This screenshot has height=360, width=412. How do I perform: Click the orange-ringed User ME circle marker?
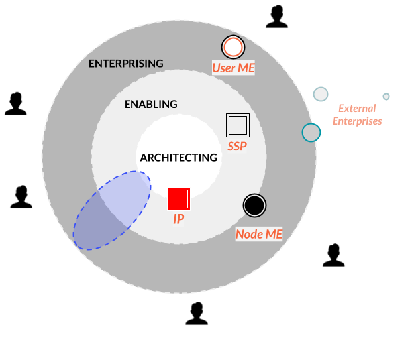pos(233,47)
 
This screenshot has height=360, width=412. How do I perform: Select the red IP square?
pos(179,199)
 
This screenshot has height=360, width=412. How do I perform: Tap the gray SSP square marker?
pos(237,125)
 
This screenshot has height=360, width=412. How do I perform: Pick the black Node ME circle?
pos(254,206)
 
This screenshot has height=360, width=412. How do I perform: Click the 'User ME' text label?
pos(233,68)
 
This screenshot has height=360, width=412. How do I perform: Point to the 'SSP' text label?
pos(237,146)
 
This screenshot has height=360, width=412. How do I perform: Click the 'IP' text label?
pos(179,219)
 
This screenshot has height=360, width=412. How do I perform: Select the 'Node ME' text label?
pos(259,234)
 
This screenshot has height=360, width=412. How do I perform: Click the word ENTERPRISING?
pos(126,64)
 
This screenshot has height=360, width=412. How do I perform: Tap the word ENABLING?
pos(151,104)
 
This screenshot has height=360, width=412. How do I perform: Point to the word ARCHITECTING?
pos(178,158)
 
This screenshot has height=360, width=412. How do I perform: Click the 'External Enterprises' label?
pos(357,115)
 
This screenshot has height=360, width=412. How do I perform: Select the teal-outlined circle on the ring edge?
pos(311,133)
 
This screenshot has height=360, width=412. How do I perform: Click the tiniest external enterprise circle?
pos(386,97)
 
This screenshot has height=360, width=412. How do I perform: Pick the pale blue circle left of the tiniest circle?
pos(321,94)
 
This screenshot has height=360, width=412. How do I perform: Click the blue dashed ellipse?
pos(111,210)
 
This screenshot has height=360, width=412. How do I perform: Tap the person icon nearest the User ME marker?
pos(277,17)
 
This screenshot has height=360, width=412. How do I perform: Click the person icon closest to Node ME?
pos(334,255)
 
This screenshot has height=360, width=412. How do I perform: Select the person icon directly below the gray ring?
pos(197,314)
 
